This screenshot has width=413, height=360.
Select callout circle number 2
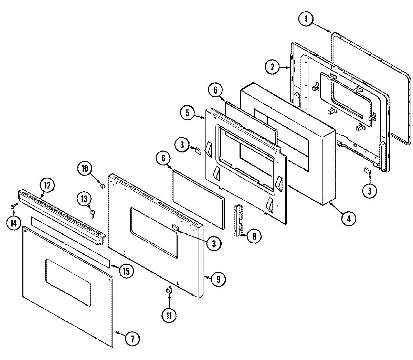pos(272,67)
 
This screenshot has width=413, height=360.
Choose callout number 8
pos(254,236)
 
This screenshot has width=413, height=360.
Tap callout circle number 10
pos(85,169)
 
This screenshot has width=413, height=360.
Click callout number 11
pos(169,315)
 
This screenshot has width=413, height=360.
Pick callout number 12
pos(47,186)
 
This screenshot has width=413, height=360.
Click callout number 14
pos(13,223)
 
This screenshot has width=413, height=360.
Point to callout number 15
pos(126,271)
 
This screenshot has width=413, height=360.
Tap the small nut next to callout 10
pos(102,186)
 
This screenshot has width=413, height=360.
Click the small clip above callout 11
pos(168,290)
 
